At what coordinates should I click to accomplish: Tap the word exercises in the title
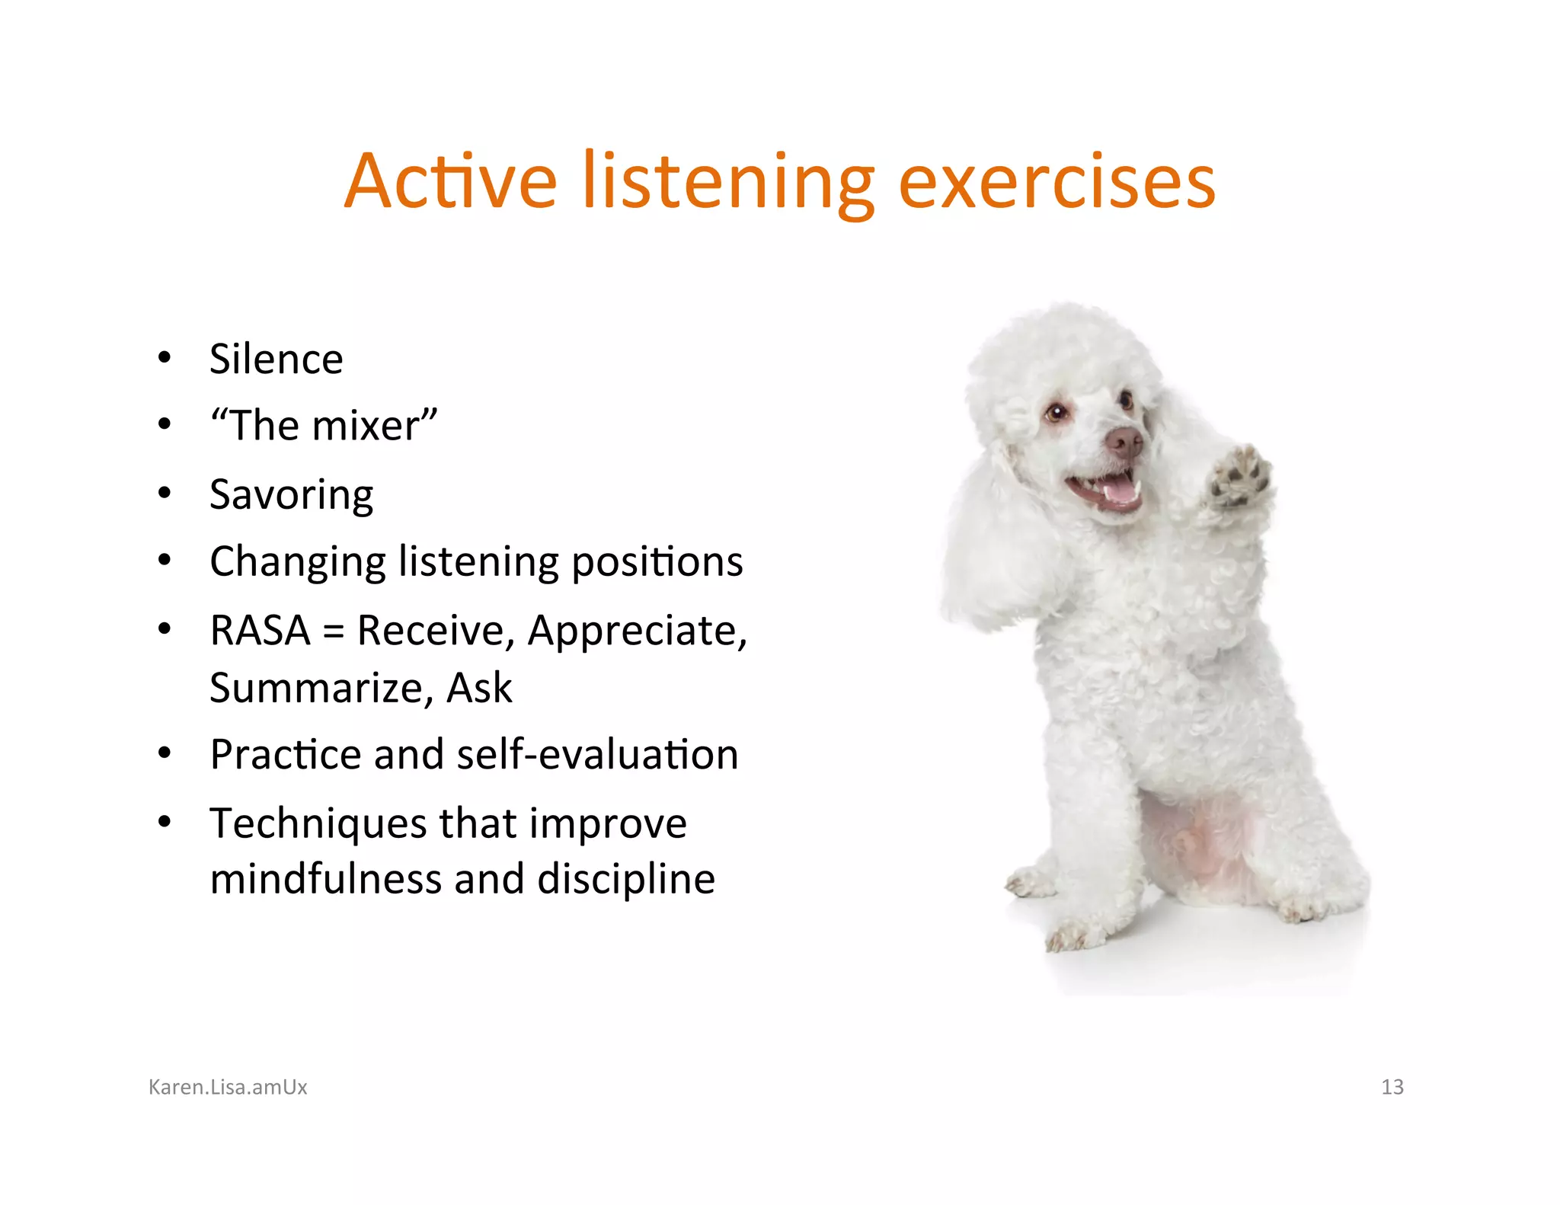coord(1057,183)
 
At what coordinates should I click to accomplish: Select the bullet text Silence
coord(276,359)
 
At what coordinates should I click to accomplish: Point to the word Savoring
coord(291,495)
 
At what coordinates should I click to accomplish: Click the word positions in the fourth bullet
coord(657,562)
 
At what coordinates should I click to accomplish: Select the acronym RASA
coord(260,631)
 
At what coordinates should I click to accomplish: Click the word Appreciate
coord(636,631)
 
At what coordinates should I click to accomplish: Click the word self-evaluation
coord(597,755)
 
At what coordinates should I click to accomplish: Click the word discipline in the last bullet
coord(625,879)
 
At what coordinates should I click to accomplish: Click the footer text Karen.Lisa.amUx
coord(228,1087)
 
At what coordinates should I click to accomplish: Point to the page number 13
coord(1392,1087)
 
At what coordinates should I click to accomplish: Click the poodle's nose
coord(1124,439)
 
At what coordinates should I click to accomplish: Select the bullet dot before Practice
coord(165,754)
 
